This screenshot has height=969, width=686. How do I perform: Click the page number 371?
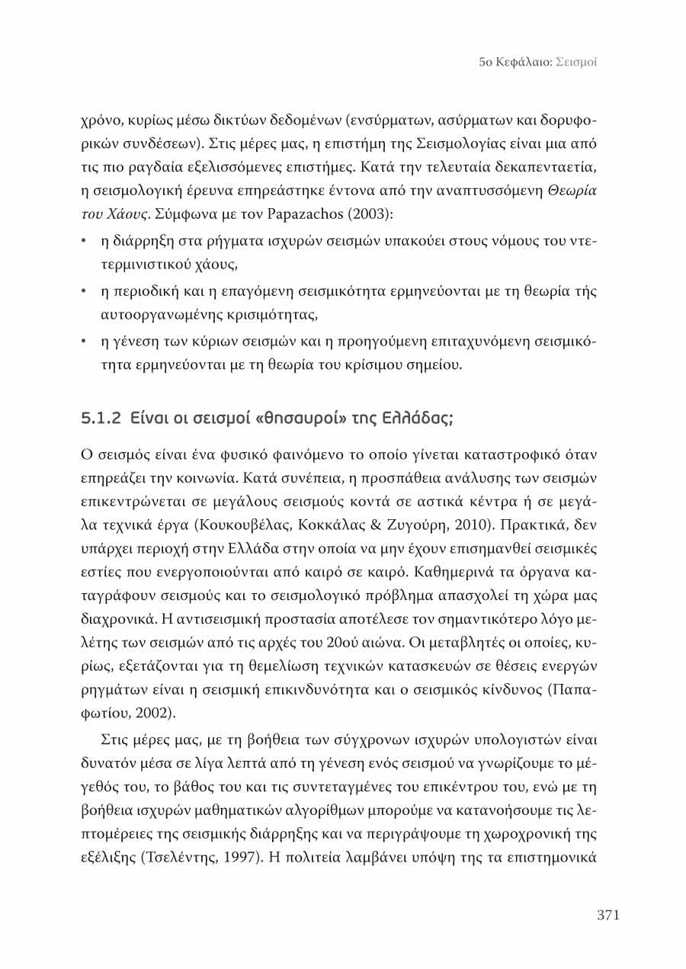coord(607,916)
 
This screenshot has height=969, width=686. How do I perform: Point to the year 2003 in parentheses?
coord(371,214)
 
